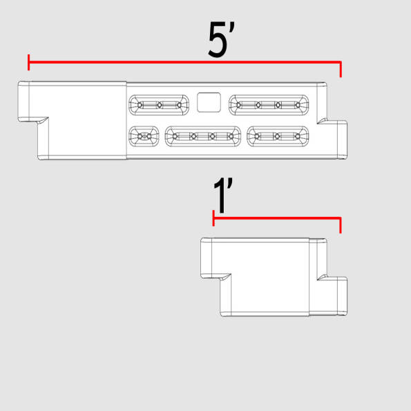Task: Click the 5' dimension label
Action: [x=222, y=39]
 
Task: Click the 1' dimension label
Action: [x=223, y=195]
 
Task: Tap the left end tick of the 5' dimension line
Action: [x=28, y=62]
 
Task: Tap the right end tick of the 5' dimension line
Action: [x=341, y=69]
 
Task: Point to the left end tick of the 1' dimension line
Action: [x=213, y=218]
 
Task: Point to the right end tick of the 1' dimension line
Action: [x=341, y=225]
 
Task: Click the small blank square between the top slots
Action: [x=209, y=102]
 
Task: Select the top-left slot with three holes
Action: [x=159, y=105]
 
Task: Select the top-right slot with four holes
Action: [x=269, y=105]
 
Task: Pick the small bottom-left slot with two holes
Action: [x=144, y=136]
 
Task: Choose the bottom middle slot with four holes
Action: [x=203, y=136]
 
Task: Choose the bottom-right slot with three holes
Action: [x=278, y=136]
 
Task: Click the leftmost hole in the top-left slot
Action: [x=140, y=105]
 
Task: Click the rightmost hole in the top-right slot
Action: [x=298, y=105]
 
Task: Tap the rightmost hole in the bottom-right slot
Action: [x=298, y=136]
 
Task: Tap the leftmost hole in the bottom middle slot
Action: [x=175, y=136]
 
